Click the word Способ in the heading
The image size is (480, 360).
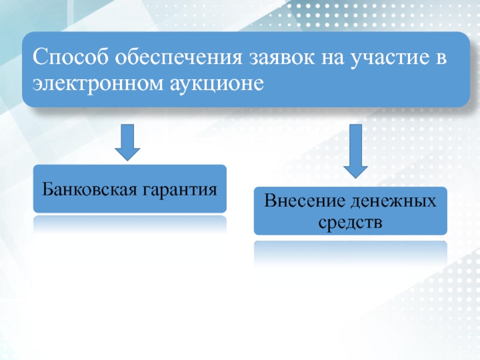68,58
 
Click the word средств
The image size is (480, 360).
350,222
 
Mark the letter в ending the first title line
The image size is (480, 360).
443,58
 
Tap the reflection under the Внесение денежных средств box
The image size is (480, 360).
350,252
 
